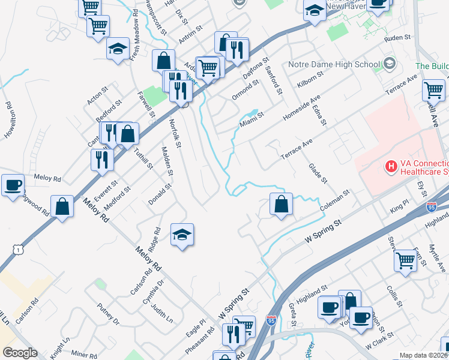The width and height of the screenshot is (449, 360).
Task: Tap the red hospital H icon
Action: [391, 166]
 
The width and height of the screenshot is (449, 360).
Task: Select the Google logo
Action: [20, 353]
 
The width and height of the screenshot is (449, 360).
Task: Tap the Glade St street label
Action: [318, 173]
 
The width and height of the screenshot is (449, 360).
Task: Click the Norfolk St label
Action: [175, 133]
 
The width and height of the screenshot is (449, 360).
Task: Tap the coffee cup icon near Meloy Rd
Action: [13, 185]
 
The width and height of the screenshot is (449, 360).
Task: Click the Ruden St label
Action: [398, 37]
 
